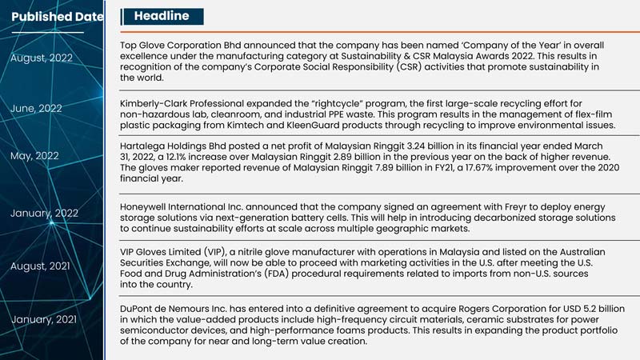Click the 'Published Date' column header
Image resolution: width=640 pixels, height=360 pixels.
click(57, 17)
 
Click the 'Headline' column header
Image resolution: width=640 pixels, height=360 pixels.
click(162, 16)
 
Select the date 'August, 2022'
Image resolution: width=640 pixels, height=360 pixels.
click(42, 58)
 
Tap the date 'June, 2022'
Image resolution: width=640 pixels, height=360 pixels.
click(37, 108)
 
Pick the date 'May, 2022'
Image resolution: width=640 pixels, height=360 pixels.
click(35, 156)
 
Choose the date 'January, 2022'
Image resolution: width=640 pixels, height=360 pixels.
click(44, 213)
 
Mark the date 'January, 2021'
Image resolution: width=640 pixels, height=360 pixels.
click(44, 320)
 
